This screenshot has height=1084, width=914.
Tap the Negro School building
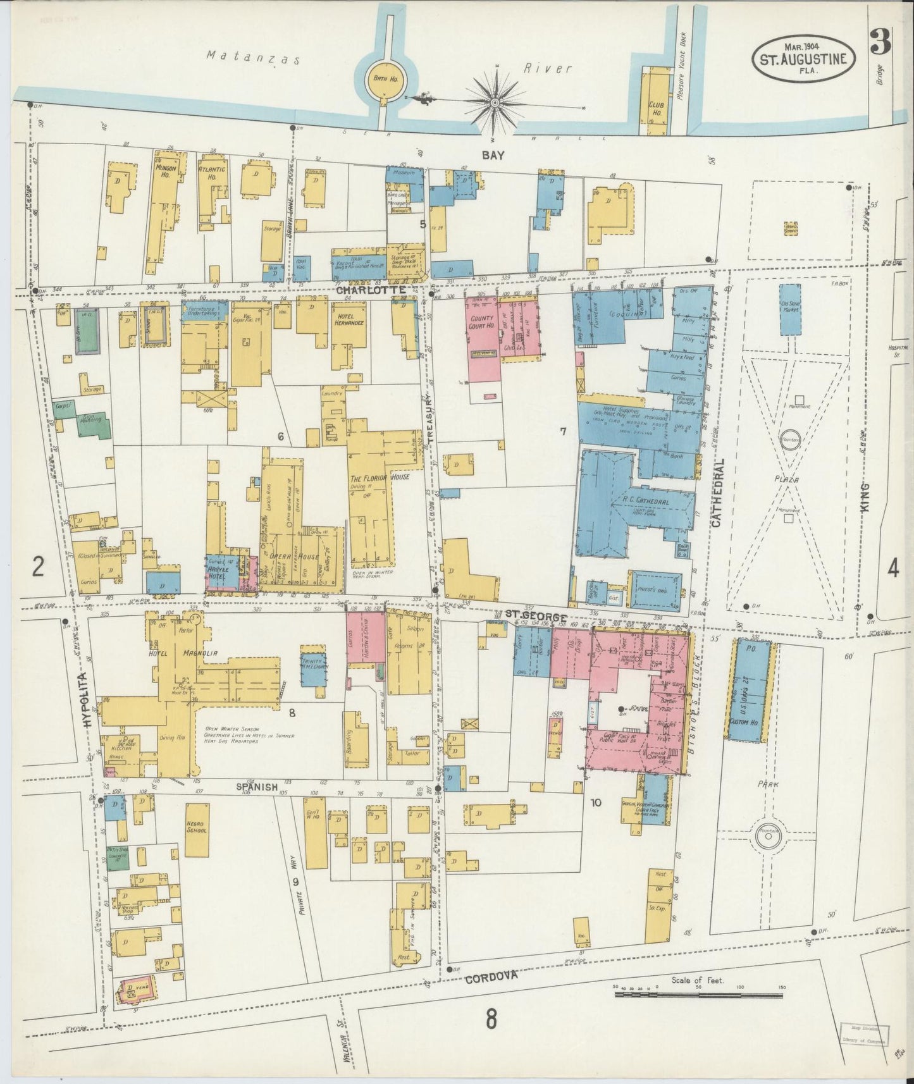point(199,828)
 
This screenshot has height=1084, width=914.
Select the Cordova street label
point(491,995)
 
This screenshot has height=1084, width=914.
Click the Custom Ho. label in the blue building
point(744,722)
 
